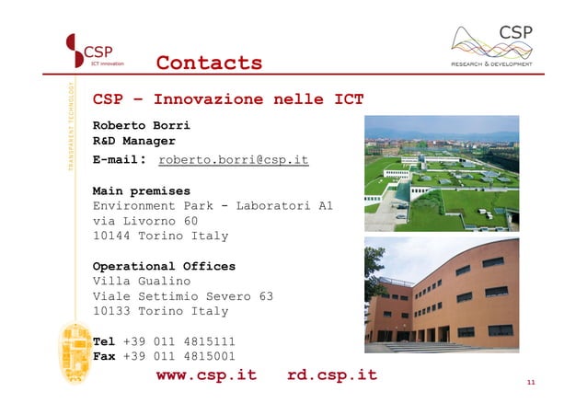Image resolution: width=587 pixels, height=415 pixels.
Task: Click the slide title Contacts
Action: click(209, 63)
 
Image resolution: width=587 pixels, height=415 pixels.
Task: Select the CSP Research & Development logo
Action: click(492, 45)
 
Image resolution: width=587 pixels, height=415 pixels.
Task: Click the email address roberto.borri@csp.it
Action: click(233, 160)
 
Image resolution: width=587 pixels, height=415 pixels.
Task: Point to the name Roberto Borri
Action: click(142, 125)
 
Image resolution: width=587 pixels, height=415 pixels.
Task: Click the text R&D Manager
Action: click(134, 142)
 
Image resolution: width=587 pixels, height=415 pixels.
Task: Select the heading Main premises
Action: click(142, 191)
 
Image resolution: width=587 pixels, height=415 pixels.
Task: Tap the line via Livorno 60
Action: click(145, 221)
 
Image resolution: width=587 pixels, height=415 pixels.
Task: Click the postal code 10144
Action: click(111, 236)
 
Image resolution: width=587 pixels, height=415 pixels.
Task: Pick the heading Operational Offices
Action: click(164, 266)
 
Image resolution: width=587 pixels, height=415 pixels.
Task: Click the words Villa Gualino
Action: click(142, 281)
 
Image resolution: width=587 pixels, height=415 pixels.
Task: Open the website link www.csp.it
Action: click(206, 375)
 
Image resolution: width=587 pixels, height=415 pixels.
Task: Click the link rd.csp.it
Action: click(331, 375)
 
